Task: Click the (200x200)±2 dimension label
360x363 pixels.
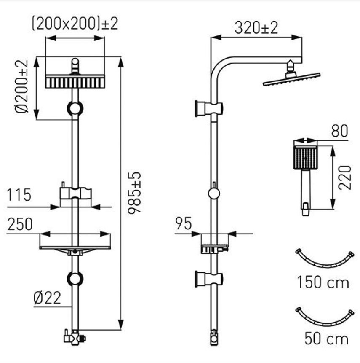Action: pos(75,23)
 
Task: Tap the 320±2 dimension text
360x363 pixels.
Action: pos(256,28)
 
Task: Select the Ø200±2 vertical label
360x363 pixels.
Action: pos(21,86)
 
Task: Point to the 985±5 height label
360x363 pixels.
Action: pos(134,193)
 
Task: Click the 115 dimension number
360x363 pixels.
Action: pos(19,195)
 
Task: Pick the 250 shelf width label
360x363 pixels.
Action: pos(20,224)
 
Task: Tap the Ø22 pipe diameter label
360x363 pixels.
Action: pos(47,298)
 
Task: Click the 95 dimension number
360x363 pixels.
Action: pos(184,223)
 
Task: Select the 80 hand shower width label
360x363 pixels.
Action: pos(340,131)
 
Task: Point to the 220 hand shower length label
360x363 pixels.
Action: pos(345,177)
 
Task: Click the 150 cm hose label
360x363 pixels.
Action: pos(323,282)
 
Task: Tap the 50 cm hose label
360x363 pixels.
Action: pos(326,339)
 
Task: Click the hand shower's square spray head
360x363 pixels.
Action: pos(306,158)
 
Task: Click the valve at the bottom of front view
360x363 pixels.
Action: pos(75,339)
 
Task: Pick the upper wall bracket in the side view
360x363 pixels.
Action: pos(209,108)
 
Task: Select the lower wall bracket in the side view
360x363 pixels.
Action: pos(209,279)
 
